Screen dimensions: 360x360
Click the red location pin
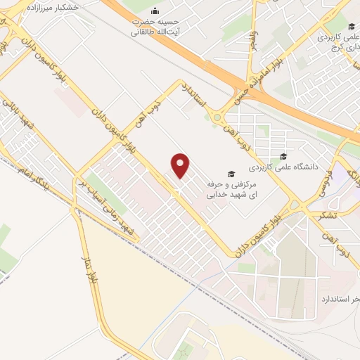click(x=181, y=166)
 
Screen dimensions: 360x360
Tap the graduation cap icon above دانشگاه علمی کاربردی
click(x=283, y=157)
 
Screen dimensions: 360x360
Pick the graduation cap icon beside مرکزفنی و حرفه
click(x=230, y=174)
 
